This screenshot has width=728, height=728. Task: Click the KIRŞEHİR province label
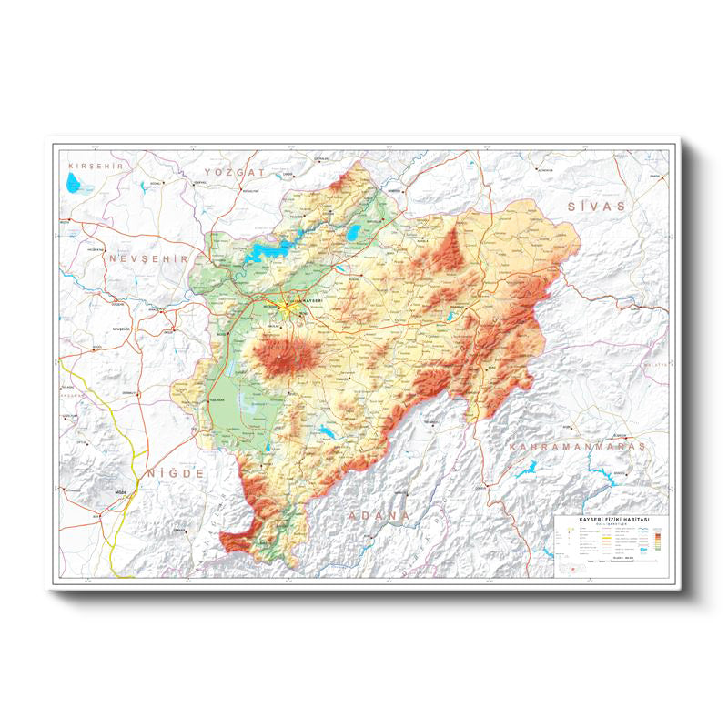(95, 166)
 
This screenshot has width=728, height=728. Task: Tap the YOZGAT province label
(234, 171)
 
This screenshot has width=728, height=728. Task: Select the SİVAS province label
(597, 207)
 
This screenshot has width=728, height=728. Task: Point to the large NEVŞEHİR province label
(147, 258)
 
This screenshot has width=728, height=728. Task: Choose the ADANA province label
(378, 515)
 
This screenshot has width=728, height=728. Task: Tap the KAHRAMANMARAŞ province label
(577, 447)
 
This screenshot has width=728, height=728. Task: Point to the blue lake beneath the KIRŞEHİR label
(76, 185)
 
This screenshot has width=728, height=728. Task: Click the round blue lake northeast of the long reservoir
(352, 233)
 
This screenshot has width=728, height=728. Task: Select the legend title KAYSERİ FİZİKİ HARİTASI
(611, 520)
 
